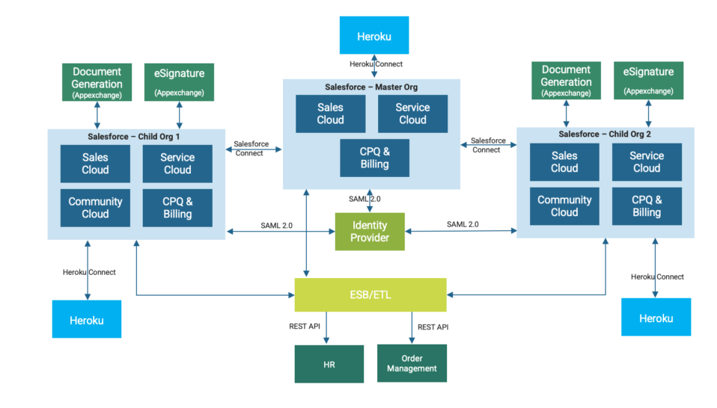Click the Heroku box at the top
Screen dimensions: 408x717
374,35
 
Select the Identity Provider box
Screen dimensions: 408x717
370,232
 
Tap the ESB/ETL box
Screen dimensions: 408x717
370,294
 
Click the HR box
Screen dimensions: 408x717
329,364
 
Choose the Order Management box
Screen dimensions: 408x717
412,363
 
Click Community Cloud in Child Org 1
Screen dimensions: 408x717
95,208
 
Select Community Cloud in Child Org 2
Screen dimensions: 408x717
564,206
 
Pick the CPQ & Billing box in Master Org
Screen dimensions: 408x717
374,158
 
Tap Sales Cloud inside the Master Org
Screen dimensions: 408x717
330,114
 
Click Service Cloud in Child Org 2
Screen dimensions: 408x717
647,162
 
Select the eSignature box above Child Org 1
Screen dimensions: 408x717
179,81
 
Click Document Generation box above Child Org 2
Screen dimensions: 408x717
566,81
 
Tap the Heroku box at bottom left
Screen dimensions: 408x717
86,320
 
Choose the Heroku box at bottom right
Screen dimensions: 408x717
656,318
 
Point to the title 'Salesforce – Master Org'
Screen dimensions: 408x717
371,87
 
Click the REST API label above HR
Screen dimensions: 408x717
305,327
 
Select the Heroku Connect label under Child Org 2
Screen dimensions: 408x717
657,276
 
